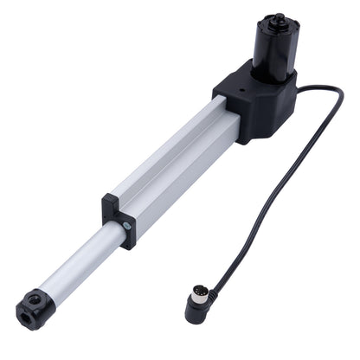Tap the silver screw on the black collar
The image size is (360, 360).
127,226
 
